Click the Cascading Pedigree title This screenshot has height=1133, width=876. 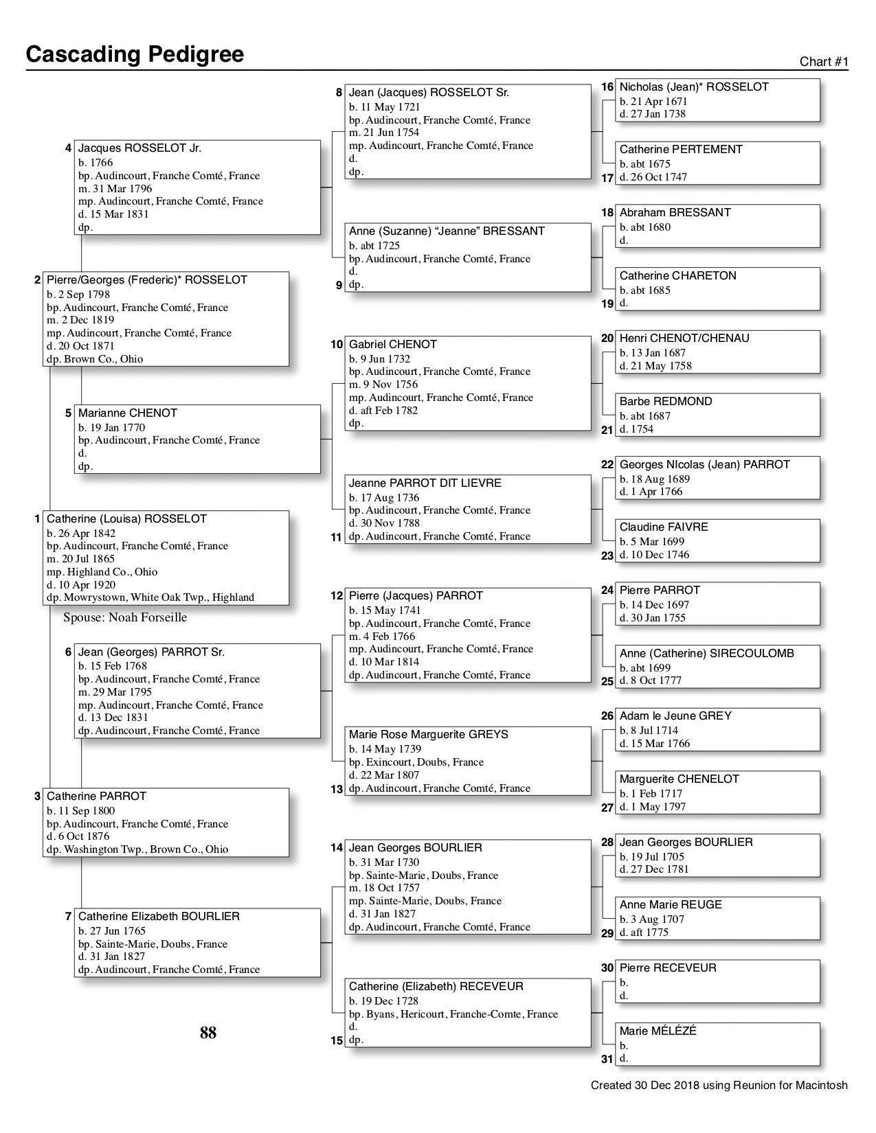pyautogui.click(x=135, y=54)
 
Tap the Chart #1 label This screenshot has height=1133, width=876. pyautogui.click(x=824, y=62)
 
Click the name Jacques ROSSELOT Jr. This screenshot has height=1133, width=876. pyautogui.click(x=139, y=148)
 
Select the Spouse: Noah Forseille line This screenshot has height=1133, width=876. pyautogui.click(x=125, y=617)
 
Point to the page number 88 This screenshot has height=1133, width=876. pyautogui.click(x=208, y=1033)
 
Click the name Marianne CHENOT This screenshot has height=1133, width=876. pyautogui.click(x=128, y=413)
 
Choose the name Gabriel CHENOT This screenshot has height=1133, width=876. pyautogui.click(x=393, y=345)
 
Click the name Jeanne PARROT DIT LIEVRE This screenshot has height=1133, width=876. pyautogui.click(x=425, y=483)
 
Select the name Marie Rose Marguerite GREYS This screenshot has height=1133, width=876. pyautogui.click(x=429, y=735)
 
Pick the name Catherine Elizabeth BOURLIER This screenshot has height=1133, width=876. pyautogui.click(x=159, y=917)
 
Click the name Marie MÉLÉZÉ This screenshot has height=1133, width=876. pyautogui.click(x=658, y=1031)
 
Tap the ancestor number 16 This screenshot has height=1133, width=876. pyautogui.click(x=607, y=87)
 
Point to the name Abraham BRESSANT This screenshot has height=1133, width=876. pyautogui.click(x=675, y=213)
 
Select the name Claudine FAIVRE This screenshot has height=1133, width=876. pyautogui.click(x=664, y=527)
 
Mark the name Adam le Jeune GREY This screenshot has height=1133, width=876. pyautogui.click(x=675, y=716)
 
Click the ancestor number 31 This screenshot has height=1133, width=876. pyautogui.click(x=607, y=1060)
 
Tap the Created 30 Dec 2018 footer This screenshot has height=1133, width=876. pyautogui.click(x=719, y=1086)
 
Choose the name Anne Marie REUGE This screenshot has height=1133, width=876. pyautogui.click(x=671, y=905)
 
